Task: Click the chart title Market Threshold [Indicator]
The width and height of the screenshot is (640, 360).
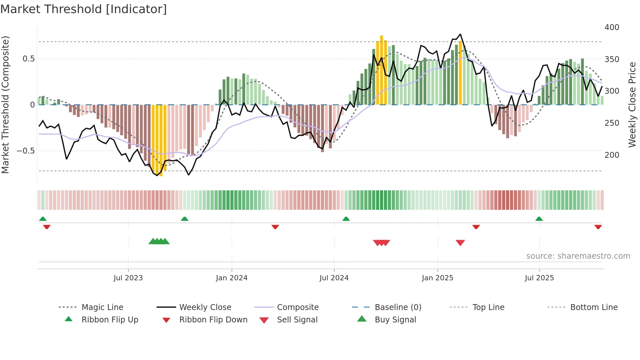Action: pos(84,9)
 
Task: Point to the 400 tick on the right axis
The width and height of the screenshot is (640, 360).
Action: pos(612,27)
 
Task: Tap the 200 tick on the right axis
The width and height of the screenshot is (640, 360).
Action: pos(612,155)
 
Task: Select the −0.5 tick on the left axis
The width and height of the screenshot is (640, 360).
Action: pos(25,151)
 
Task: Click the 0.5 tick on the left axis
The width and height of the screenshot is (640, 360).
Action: pos(28,59)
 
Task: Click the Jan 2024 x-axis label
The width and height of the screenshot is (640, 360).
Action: pos(232,278)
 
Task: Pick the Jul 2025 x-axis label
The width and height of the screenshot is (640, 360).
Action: pos(539,278)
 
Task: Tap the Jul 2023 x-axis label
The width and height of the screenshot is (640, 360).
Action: pos(128,278)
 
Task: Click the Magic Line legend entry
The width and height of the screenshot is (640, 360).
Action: pos(102,307)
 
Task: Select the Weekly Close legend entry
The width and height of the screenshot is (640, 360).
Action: pos(205,307)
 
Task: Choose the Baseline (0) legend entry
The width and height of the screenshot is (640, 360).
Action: pos(398,307)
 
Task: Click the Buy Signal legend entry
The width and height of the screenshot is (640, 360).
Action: pos(395,320)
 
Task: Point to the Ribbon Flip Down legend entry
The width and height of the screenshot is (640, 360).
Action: pos(213,320)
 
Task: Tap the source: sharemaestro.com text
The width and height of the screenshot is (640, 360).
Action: pos(578,256)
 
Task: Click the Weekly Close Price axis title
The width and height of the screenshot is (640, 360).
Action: pos(632,105)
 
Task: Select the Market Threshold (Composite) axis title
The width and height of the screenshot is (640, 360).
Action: pos(5,105)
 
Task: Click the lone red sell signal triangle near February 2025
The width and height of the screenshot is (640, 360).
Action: pos(460,243)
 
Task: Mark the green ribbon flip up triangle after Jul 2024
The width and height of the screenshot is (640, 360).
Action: pos(346,219)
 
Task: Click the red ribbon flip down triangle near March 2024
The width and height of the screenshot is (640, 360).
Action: pos(275,227)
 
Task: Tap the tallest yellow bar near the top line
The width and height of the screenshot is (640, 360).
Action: pos(381,70)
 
